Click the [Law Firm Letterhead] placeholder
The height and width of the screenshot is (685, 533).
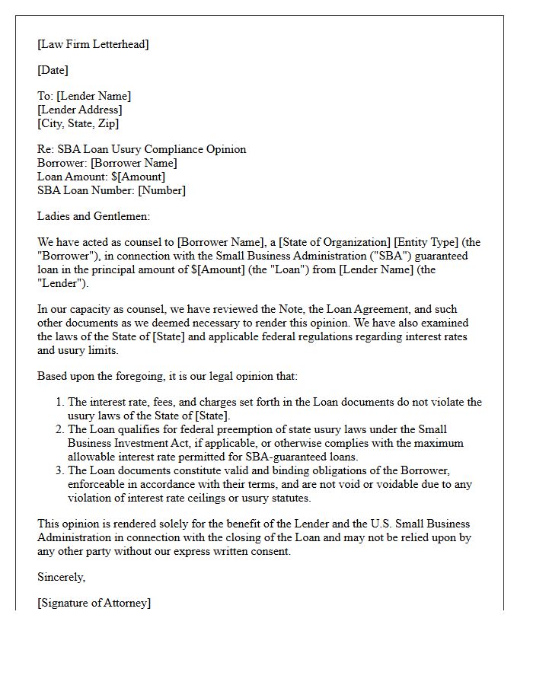point(93,44)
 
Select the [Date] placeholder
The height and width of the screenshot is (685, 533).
point(53,70)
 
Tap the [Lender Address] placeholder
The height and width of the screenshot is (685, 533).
point(79,110)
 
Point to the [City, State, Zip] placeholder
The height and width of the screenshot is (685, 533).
point(78,123)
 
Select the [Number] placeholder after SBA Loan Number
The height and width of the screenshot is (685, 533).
point(161,190)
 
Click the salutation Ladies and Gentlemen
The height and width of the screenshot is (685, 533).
point(94,216)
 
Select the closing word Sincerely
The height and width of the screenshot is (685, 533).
point(61,577)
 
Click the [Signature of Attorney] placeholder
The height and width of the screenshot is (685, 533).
point(94,603)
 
